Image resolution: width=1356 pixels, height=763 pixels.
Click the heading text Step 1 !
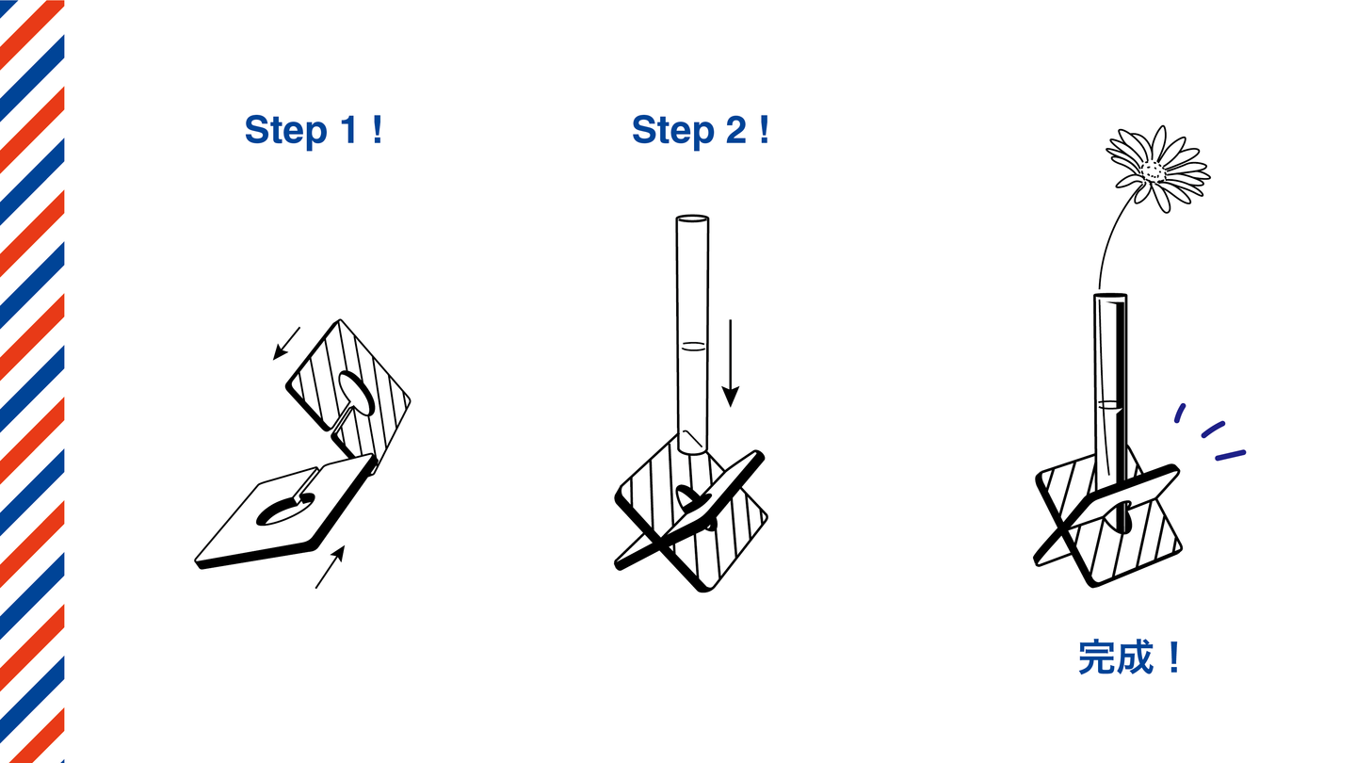[x=314, y=130]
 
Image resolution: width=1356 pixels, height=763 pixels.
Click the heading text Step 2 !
[x=701, y=130]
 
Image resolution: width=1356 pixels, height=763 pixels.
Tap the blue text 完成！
[x=1130, y=657]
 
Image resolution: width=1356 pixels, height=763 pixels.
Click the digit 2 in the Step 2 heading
[x=736, y=129]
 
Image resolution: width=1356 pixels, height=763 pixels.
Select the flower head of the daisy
[x=1157, y=169]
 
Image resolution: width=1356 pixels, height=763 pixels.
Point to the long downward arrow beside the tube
[x=731, y=364]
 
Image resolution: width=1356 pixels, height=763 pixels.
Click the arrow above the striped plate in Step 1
[x=286, y=343]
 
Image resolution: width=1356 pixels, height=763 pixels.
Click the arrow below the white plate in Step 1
[x=331, y=566]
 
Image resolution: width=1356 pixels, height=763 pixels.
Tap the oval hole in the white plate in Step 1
[x=285, y=510]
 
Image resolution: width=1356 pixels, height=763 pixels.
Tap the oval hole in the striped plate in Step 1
[x=356, y=393]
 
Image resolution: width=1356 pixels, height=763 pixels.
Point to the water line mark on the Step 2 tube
[x=693, y=347]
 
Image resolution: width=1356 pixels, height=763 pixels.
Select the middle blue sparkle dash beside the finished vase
[x=1213, y=430]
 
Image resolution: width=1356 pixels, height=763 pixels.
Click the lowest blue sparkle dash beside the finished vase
[x=1231, y=455]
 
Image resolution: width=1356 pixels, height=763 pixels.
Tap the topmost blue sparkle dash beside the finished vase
[x=1180, y=413]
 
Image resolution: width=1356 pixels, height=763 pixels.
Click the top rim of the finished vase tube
[x=1110, y=296]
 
